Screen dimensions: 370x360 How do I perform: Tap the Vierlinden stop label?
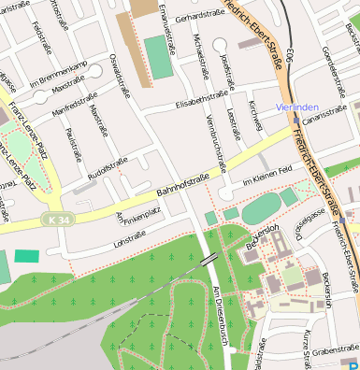pyautogui.click(x=298, y=107)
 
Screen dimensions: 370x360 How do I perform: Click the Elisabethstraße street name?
pyautogui.click(x=202, y=98)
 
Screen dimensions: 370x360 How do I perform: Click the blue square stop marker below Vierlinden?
pyautogui.click(x=296, y=120)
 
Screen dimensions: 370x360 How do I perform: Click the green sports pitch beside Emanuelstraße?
pyautogui.click(x=159, y=57)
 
